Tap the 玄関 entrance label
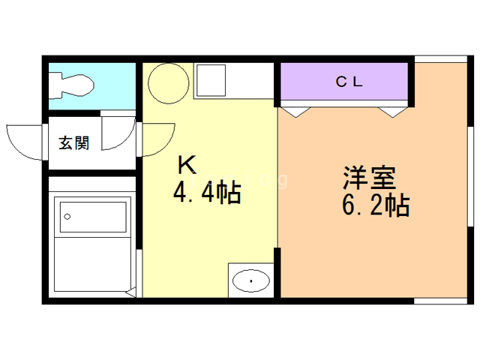[74, 142]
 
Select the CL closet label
[349, 82]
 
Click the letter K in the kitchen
[187, 165]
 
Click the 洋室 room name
[370, 177]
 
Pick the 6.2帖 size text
[376, 205]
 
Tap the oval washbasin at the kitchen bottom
[251, 280]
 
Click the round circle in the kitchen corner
[168, 83]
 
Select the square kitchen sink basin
[211, 80]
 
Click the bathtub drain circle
[67, 217]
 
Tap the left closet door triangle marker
[295, 112]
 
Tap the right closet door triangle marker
[393, 112]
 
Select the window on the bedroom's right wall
[470, 176]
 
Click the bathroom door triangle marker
[131, 292]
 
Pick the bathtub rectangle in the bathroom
[93, 217]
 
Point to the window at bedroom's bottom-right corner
[440, 301]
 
